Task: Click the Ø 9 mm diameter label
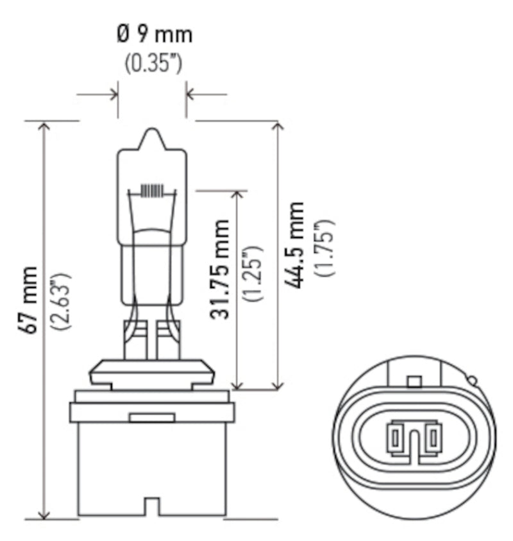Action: (x=154, y=33)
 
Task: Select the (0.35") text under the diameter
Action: (x=153, y=65)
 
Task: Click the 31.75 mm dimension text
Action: (x=220, y=270)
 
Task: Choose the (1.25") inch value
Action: (x=251, y=273)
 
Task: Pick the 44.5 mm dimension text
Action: (x=294, y=245)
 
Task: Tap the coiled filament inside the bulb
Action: (x=151, y=191)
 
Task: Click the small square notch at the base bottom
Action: (x=151, y=507)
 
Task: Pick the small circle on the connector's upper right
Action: (x=473, y=381)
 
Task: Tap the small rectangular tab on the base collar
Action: (x=151, y=418)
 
